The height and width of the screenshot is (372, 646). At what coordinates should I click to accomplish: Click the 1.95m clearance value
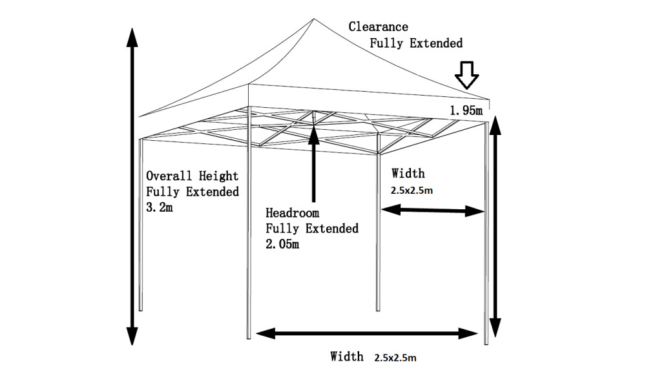coord(466,111)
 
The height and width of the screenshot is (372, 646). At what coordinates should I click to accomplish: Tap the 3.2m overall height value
coord(160,208)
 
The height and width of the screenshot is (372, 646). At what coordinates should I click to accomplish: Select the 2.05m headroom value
coord(283,244)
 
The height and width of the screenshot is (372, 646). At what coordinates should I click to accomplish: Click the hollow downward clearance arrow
coord(466,75)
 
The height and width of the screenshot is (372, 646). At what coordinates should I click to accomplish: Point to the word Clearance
coord(378,27)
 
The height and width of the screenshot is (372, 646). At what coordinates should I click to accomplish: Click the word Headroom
coord(293,213)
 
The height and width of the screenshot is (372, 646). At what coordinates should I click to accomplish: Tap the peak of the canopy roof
coord(313,20)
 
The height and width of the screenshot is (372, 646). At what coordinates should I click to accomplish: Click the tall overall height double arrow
coord(131,187)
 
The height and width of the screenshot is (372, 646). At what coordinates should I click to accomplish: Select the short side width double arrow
coord(432,210)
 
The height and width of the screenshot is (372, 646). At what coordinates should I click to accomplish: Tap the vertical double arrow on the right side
coord(495,226)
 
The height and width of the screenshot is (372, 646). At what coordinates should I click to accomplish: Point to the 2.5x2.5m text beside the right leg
coord(412,191)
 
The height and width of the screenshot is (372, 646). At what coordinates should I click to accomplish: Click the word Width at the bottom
coord(347,356)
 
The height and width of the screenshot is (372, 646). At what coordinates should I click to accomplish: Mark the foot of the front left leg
coord(249,336)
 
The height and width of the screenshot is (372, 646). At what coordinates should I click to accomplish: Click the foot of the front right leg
coord(486,342)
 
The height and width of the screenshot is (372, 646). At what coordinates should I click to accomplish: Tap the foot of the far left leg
coord(141,309)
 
